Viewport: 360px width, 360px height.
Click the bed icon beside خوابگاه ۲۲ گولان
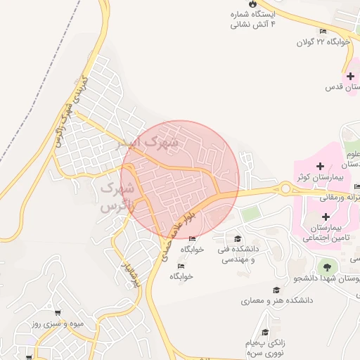tap(323, 31)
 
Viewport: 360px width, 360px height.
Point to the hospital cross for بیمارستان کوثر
tap(321, 167)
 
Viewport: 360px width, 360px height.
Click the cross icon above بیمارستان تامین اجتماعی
tap(325, 217)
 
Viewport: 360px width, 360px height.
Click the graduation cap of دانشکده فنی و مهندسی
tap(238, 238)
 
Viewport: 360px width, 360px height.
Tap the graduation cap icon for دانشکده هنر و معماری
tap(276, 290)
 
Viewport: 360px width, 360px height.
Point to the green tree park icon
tap(325, 266)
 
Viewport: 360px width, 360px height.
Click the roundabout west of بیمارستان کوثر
tap(285, 188)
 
